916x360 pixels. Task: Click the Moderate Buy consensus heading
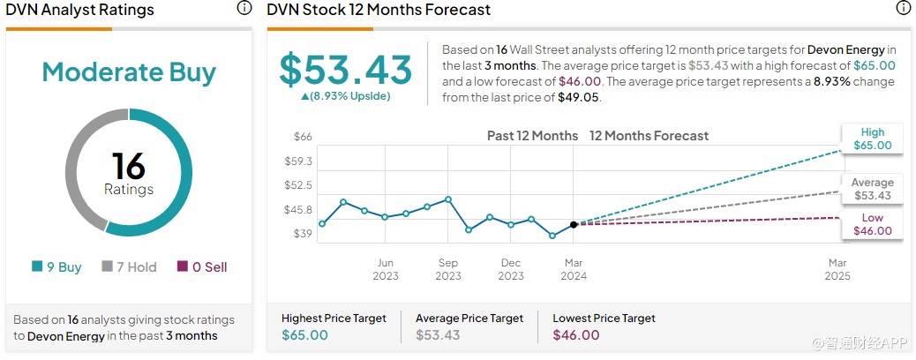click(129, 72)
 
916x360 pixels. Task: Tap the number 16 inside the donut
click(129, 166)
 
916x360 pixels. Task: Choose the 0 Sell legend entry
click(202, 266)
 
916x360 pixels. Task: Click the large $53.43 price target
click(346, 70)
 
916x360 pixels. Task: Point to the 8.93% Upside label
click(346, 95)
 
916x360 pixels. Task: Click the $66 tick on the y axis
click(303, 137)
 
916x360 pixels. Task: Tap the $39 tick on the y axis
click(303, 234)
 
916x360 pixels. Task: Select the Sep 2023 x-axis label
click(448, 269)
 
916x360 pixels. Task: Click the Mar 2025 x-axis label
click(837, 269)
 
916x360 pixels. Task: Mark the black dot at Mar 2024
click(574, 225)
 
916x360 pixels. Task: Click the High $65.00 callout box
click(872, 139)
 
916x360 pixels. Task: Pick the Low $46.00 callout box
click(872, 224)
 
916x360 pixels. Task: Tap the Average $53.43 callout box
click(872, 189)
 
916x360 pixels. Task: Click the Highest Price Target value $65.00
click(304, 335)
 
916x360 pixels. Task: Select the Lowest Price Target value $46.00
click(575, 335)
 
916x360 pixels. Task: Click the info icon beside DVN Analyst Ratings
click(244, 9)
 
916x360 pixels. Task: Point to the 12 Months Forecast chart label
click(649, 136)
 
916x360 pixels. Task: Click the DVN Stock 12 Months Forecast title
click(379, 10)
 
